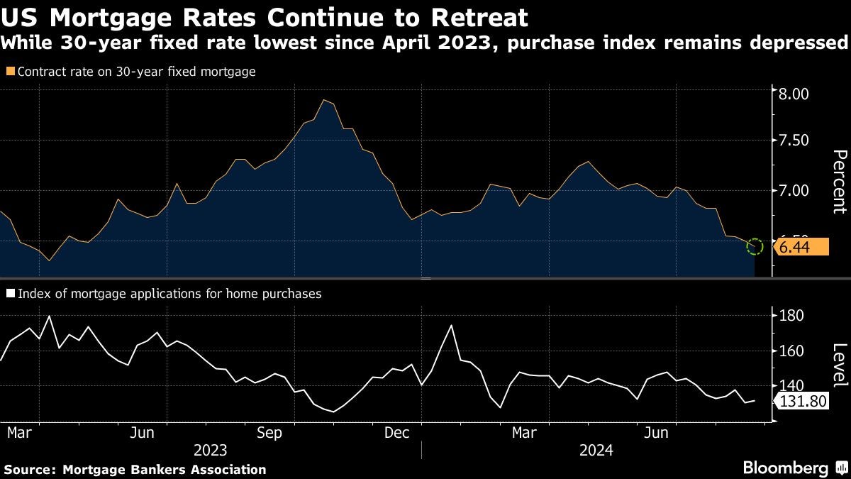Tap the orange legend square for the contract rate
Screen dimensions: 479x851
[9, 72]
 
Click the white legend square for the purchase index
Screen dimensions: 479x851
[9, 293]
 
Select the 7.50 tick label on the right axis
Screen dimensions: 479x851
[794, 141]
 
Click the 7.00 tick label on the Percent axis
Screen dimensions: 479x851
[794, 191]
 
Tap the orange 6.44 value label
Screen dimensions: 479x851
[802, 247]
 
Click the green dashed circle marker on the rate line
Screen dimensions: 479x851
[755, 247]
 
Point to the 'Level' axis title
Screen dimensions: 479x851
[839, 365]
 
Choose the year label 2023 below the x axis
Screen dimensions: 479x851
[210, 450]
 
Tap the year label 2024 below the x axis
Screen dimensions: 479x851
[596, 450]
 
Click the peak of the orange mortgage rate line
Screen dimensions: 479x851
[324, 100]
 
